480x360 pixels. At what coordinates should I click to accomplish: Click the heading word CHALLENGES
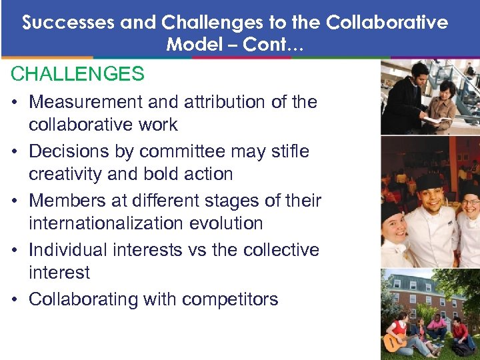tap(77, 74)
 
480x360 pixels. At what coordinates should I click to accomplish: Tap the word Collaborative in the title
tap(387, 23)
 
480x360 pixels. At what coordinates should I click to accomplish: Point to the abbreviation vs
tap(199, 250)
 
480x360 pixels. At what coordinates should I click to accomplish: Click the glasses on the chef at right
tap(471, 201)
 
